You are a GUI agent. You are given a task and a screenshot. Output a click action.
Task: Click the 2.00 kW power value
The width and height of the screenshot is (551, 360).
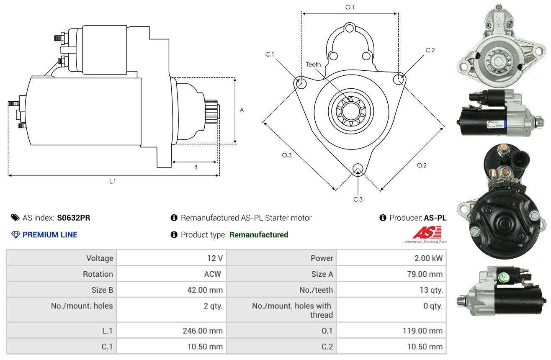(428, 258)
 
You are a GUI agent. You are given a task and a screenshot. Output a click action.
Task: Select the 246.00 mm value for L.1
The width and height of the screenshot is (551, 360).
(203, 331)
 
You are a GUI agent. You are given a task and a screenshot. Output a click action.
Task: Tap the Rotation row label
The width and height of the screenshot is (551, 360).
(98, 274)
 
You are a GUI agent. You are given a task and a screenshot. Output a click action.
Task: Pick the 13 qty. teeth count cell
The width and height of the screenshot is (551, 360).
(431, 290)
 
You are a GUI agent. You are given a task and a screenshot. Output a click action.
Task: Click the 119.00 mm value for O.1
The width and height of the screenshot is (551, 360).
(422, 331)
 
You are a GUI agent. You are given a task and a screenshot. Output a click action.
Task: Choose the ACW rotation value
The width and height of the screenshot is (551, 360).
(213, 274)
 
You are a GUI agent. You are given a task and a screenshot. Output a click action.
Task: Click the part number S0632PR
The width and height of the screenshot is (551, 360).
(74, 218)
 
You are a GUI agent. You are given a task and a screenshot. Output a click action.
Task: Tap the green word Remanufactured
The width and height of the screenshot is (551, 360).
(259, 235)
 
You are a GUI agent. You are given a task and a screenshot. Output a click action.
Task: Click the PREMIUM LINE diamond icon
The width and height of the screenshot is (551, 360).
(16, 235)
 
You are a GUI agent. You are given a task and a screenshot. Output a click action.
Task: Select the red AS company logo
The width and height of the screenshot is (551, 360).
(427, 233)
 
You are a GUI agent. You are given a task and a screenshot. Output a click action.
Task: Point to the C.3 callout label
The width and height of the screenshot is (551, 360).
(358, 199)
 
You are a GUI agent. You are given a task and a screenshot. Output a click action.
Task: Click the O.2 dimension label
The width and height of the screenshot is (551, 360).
(422, 165)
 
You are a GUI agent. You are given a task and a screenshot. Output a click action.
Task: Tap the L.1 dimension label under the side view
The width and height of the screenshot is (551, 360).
(112, 182)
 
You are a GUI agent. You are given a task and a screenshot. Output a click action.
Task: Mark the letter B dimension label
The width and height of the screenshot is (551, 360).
(196, 167)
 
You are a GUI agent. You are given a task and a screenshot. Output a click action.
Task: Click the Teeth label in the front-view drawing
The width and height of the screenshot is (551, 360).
(313, 64)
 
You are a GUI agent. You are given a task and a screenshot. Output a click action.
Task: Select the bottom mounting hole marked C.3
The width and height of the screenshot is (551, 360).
(358, 169)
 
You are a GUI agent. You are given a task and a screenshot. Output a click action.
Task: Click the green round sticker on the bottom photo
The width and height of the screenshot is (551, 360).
(503, 278)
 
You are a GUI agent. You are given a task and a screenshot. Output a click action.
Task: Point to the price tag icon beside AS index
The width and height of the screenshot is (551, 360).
(15, 218)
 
